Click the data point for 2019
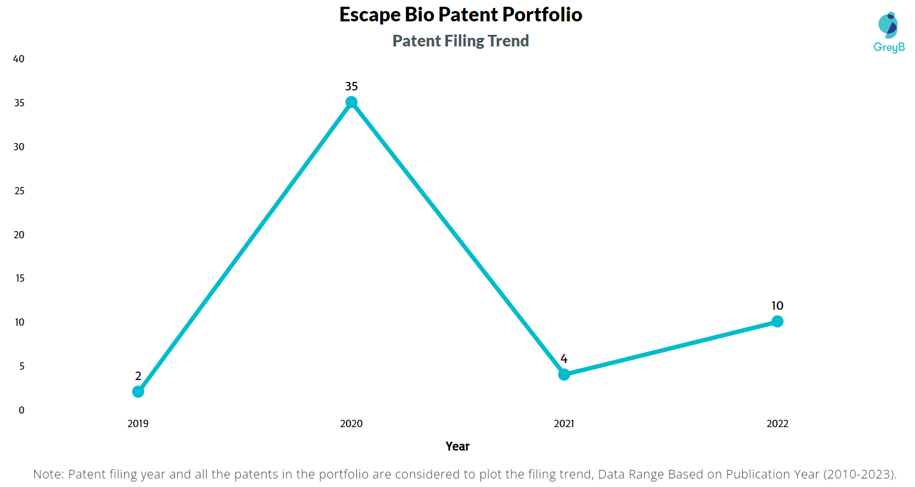138,392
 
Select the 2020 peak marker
351,102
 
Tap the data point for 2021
564,374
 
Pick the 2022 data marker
777,321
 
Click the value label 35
351,86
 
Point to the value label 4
564,359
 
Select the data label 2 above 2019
138,376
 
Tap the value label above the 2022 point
777,306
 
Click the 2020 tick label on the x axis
351,423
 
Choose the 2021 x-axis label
564,423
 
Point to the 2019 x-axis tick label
138,423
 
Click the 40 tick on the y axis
19,59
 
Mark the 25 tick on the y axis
19,191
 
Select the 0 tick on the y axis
21,410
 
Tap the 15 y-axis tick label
19,279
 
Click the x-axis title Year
457,446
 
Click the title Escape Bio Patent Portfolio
460,15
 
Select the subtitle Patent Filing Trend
460,41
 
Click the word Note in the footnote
48,474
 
